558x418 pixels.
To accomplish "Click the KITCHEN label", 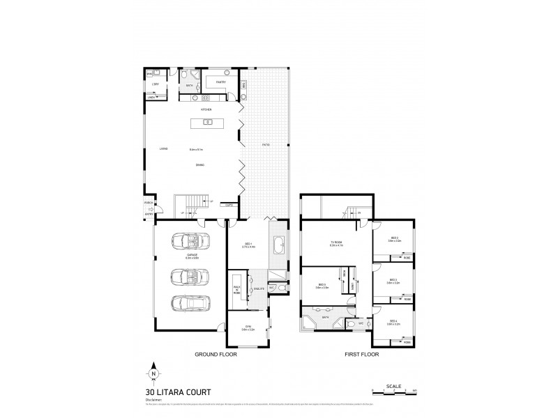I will [206, 109].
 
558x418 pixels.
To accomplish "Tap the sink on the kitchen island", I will [207, 123].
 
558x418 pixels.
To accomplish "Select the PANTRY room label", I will [220, 82].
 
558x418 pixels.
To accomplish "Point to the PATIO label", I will [266, 144].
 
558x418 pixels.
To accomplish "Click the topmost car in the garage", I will [188, 242].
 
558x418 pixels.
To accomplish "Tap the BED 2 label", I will [395, 238].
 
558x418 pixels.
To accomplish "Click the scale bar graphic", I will [394, 392].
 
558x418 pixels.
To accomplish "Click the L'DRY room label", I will [156, 84].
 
